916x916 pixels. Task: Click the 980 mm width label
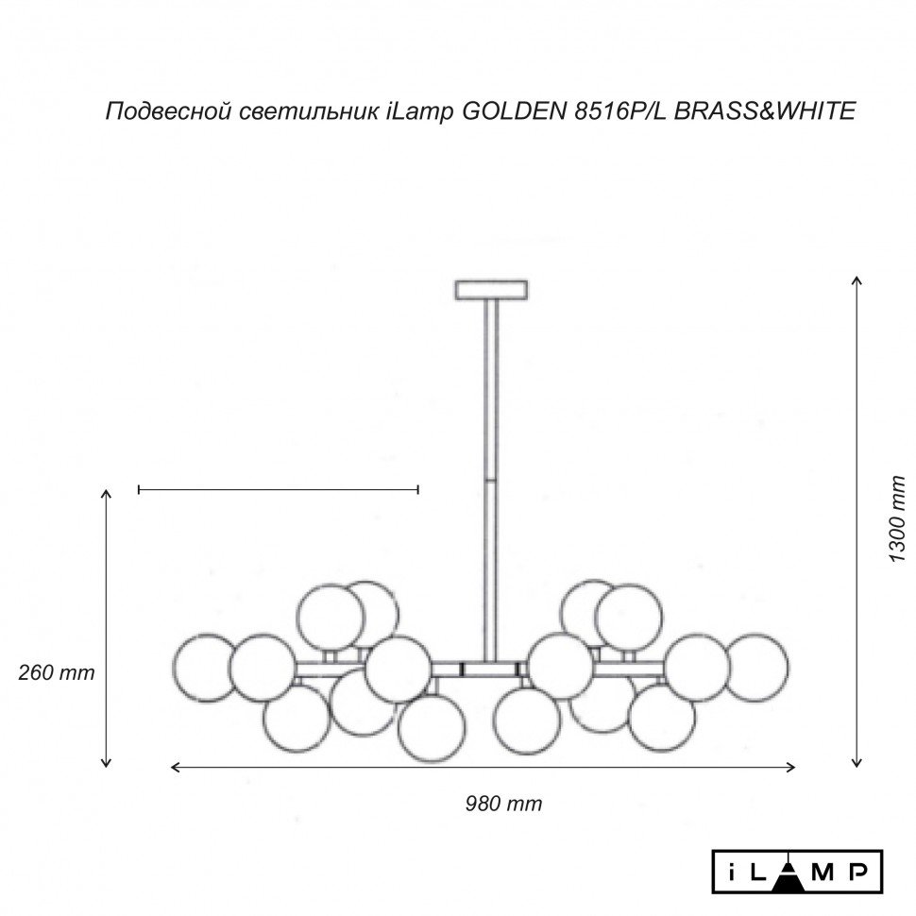click(x=503, y=804)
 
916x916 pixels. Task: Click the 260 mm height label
click(x=57, y=673)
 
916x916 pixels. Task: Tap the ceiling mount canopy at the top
click(x=492, y=289)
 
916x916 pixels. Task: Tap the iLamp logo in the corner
click(x=797, y=870)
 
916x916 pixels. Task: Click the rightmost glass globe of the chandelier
click(x=756, y=667)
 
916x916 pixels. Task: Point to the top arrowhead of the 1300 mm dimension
click(x=857, y=280)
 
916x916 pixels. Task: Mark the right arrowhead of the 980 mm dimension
click(x=791, y=768)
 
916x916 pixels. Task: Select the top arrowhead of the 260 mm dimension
click(x=108, y=494)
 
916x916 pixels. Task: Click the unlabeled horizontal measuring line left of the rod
click(x=279, y=489)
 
